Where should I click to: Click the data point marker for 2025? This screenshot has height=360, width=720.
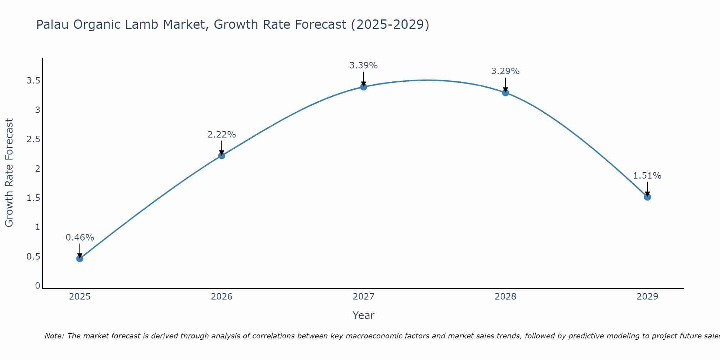point(80,258)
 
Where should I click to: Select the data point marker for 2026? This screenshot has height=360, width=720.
point(221,156)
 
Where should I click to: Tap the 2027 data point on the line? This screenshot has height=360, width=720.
point(363,87)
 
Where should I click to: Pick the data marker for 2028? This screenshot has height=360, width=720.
point(505,93)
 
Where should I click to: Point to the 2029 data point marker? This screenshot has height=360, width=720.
point(647,197)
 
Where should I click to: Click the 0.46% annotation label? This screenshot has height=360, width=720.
point(80,238)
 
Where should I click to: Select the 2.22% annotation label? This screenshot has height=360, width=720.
point(221,135)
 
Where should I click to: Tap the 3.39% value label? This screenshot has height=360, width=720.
point(363,66)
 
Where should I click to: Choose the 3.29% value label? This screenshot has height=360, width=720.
point(505,71)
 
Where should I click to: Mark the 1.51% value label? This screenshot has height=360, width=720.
point(647,176)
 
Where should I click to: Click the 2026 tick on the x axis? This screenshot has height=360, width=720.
point(221,297)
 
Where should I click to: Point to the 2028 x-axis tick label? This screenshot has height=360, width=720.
point(505,297)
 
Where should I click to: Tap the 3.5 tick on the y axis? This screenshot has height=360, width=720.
point(33,81)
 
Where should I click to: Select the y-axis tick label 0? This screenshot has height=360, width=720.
point(37,286)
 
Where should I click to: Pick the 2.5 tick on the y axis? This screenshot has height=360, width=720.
point(33,139)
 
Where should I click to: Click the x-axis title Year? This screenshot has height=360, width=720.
point(363,315)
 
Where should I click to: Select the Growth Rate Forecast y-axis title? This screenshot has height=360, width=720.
point(9,173)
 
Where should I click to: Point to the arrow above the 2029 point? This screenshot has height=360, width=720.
point(647,188)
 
